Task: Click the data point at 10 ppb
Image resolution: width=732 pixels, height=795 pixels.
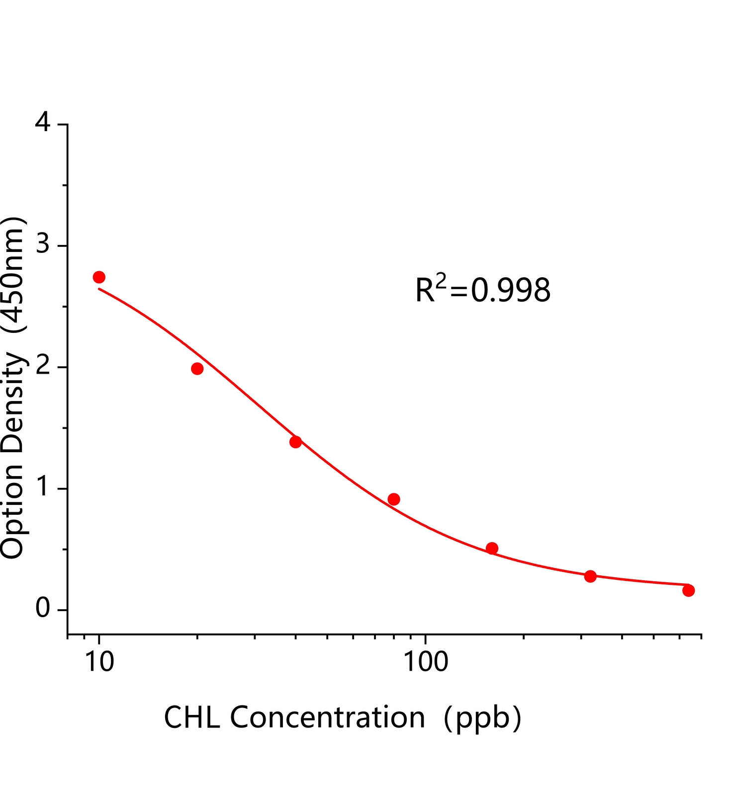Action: (99, 277)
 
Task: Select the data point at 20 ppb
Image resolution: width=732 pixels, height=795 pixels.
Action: (197, 369)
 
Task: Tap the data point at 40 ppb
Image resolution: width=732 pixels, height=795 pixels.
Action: (295, 442)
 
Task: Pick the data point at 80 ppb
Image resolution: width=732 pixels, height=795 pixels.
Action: (394, 499)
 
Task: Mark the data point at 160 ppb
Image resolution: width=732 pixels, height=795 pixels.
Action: (492, 548)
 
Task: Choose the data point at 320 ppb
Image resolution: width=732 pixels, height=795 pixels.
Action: (590, 576)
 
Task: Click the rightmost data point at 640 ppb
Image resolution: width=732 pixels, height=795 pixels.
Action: (688, 590)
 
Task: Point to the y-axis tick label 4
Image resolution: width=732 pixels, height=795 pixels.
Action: (43, 123)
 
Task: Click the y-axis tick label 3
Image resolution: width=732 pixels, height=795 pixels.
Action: (43, 245)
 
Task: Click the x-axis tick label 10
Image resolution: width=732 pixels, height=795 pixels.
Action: (99, 662)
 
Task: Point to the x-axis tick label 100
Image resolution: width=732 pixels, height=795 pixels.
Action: (425, 662)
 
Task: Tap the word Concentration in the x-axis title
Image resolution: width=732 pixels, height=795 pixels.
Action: (327, 718)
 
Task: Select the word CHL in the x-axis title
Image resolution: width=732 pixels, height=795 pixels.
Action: (192, 718)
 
